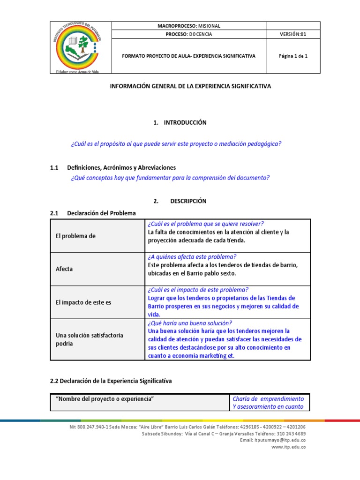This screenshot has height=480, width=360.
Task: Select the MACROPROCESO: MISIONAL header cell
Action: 189,26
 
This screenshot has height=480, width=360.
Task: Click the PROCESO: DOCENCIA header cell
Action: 189,34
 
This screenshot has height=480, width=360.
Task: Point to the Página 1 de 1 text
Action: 293,56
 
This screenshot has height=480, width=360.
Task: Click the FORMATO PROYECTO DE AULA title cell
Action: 189,56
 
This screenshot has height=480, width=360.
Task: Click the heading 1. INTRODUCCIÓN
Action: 180,122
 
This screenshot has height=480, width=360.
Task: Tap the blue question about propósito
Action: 176,144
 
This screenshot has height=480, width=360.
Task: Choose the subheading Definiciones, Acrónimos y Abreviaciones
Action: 121,167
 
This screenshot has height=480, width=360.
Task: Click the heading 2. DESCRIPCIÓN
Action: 180,201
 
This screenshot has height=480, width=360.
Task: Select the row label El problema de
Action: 75,236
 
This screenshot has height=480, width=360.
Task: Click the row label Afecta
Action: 64,269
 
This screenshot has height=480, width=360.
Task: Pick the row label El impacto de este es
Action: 83,302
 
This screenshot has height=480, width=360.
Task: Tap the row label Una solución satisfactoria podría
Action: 90,339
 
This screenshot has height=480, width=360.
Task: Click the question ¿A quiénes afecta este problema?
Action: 192,256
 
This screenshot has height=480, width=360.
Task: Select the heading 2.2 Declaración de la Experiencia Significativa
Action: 111,381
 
